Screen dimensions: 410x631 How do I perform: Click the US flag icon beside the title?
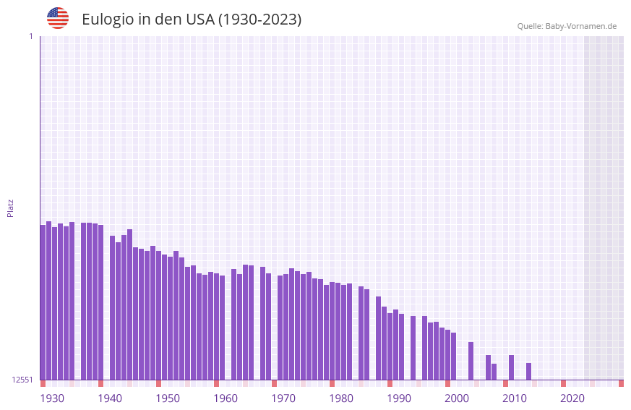(x=58, y=18)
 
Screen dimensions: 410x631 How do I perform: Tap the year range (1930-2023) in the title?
(x=259, y=20)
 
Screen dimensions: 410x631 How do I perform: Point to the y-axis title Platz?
(x=10, y=208)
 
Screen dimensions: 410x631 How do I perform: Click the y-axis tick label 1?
(x=30, y=36)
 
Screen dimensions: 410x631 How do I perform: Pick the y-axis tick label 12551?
(x=22, y=380)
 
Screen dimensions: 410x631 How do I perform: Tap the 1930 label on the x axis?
(x=52, y=398)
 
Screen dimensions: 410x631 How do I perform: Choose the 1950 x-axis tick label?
(x=168, y=398)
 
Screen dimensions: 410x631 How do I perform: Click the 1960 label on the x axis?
(x=226, y=398)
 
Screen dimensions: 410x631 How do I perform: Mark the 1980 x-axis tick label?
(x=341, y=398)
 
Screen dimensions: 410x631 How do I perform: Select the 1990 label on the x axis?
(x=399, y=398)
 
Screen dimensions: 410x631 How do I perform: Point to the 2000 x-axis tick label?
(x=457, y=398)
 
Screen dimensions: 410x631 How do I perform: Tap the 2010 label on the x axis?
(x=515, y=398)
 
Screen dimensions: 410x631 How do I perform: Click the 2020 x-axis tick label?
(x=572, y=398)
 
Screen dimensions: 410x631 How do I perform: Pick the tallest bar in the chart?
(x=49, y=300)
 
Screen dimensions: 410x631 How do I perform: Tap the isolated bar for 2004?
(x=471, y=361)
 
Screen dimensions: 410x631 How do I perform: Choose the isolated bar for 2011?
(x=512, y=367)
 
